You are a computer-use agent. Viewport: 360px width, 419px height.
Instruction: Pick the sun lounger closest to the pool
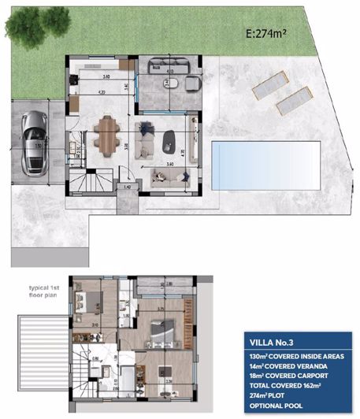click(294, 99)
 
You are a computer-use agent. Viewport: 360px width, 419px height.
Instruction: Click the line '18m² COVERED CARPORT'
click(288, 377)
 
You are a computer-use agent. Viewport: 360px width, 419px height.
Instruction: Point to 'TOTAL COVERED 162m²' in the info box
click(287, 387)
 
